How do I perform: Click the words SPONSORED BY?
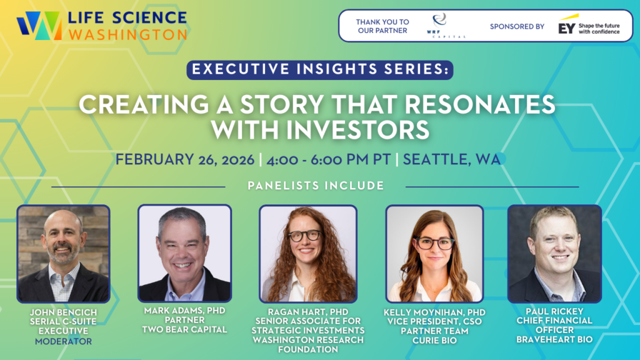point(517,26)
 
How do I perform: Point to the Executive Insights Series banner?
point(320,69)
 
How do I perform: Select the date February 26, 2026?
point(185,159)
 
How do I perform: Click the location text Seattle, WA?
point(452,159)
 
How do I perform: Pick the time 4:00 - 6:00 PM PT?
point(329,159)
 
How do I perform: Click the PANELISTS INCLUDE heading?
point(316,186)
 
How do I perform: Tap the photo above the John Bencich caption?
point(63,254)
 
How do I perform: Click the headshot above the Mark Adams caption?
point(185,253)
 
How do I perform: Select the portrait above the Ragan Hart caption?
point(308,254)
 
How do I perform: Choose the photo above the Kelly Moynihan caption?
point(435,254)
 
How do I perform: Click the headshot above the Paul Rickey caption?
point(555,254)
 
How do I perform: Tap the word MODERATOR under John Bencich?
point(63,341)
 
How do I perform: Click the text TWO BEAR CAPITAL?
point(184,329)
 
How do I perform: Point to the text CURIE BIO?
point(435,341)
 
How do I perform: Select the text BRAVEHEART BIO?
point(554,339)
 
